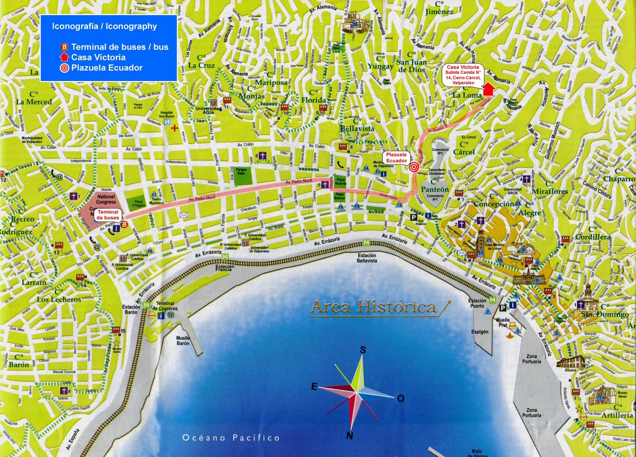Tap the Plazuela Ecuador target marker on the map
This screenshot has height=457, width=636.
pos(413,167)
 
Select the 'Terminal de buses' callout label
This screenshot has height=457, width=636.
pos(108,215)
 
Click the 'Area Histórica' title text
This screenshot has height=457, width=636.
pos(374,307)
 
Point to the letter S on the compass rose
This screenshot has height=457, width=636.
pos(363,350)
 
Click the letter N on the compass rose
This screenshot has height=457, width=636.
pos(349,436)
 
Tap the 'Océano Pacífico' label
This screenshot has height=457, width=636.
pos(231,438)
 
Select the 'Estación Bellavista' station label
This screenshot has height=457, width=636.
pos(366,258)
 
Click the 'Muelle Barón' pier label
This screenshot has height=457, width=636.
pos(183,340)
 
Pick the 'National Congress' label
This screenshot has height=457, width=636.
pos(106,199)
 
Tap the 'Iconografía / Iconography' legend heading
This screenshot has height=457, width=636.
pos(105,26)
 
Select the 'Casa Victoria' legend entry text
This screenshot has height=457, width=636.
pos(98,57)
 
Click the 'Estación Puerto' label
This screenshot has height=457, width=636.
pos(477,303)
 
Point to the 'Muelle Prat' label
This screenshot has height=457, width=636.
pos(502,322)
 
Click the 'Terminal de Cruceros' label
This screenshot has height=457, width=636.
pos(165,306)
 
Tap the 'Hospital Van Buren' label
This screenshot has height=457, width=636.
pos(167,115)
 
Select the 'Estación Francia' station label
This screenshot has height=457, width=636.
pos(225,268)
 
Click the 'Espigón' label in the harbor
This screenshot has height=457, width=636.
pos(479,332)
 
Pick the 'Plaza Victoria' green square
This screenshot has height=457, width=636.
pos(340,181)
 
